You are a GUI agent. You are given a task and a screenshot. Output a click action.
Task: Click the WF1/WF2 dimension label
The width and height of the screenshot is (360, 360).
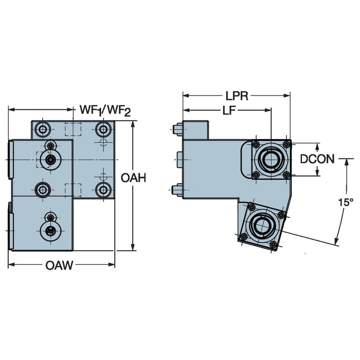(x=105, y=110)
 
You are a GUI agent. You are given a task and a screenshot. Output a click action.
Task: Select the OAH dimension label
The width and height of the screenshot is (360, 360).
(x=133, y=178)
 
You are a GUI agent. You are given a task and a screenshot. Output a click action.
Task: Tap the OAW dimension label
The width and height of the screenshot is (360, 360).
(x=59, y=265)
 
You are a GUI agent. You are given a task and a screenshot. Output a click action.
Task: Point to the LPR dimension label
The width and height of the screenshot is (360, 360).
(x=236, y=96)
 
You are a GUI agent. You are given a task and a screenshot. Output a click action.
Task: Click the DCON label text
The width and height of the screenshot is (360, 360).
(x=317, y=159)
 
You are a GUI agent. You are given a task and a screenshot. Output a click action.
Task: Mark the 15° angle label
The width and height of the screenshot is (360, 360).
(x=346, y=202)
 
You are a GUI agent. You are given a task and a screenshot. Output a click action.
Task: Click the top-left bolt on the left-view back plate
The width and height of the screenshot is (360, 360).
(x=43, y=129)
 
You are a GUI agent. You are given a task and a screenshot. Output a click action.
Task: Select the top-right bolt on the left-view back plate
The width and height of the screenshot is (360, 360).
(x=103, y=129)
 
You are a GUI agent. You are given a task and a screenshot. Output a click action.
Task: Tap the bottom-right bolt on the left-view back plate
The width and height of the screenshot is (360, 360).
(x=103, y=190)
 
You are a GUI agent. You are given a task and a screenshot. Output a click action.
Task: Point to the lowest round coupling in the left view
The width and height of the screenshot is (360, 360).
(x=51, y=231)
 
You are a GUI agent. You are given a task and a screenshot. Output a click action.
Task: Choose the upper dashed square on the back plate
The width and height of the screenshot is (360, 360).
(x=73, y=129)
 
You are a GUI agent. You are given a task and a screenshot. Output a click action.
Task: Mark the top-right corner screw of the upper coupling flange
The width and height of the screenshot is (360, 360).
(x=286, y=145)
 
